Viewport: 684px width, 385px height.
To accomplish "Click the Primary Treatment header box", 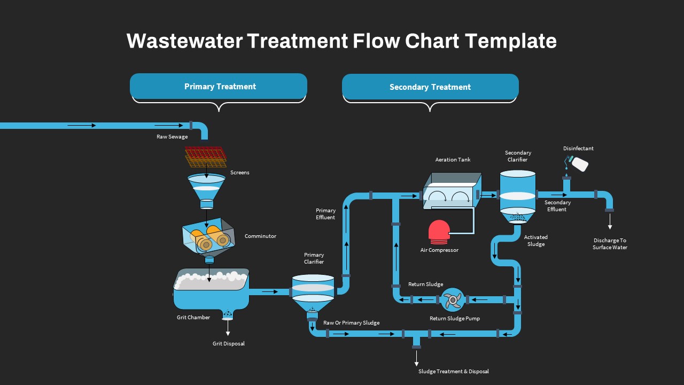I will click(x=219, y=86).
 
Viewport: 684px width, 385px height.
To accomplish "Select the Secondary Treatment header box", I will click(x=430, y=87).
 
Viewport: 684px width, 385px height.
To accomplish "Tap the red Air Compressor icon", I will click(x=439, y=231).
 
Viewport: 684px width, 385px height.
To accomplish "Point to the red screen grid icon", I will click(x=206, y=155).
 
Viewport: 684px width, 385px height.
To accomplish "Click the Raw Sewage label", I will click(x=172, y=137).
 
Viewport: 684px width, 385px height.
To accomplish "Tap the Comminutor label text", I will click(x=260, y=236).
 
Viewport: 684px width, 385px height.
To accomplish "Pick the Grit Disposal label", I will click(x=229, y=344).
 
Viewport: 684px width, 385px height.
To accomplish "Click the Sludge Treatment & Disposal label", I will click(x=453, y=372).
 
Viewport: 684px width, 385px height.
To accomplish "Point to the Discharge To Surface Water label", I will click(x=610, y=244).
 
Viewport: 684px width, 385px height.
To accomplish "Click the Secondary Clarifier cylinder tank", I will click(x=517, y=192).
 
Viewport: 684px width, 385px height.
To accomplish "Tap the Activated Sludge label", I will click(x=535, y=241).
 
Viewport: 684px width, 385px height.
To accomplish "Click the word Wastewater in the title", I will click(x=184, y=41).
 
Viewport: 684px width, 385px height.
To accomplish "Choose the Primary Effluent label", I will click(x=325, y=214).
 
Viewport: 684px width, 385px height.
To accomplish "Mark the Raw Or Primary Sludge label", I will click(x=351, y=323).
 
